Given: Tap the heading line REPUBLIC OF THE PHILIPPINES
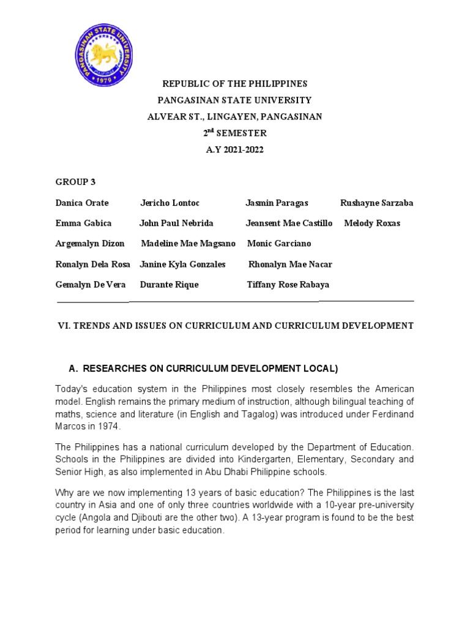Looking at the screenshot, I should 234,83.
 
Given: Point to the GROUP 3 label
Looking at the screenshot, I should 75,182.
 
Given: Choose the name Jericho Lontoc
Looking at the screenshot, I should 170,203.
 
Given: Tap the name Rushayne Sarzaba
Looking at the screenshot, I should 376,203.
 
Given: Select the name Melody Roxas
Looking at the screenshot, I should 372,223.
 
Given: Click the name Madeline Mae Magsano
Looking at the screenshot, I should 188,244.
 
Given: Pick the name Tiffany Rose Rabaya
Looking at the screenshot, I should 288,285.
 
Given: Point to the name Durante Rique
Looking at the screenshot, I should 169,285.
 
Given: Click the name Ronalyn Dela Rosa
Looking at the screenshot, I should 92,265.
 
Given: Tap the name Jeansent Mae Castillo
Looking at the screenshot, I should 289,223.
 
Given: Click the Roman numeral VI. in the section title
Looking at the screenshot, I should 64,326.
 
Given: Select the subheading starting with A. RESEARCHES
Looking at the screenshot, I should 203,369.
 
